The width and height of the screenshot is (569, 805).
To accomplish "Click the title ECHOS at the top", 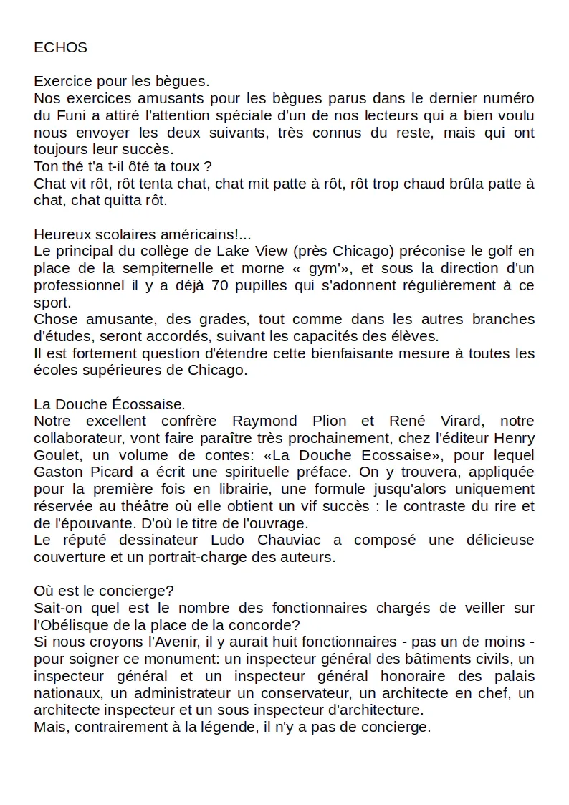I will [x=60, y=48].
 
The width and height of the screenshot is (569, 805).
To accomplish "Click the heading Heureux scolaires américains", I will [x=143, y=234].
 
